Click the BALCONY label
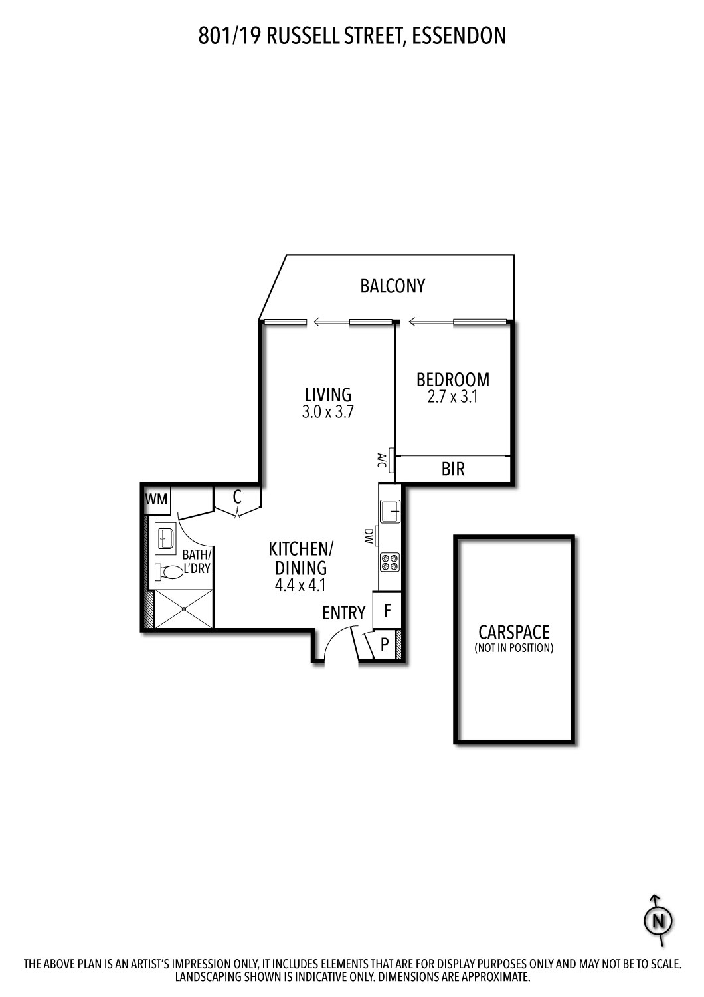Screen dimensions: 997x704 click(393, 286)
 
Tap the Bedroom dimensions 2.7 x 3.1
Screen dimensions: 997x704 click(453, 397)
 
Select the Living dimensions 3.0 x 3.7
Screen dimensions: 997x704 click(327, 412)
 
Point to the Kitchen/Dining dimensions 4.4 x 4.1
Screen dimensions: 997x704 click(298, 586)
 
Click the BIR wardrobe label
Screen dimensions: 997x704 click(453, 469)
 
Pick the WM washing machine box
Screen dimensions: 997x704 click(157, 499)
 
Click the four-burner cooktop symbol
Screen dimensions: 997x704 click(389, 562)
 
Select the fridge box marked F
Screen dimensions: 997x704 click(387, 610)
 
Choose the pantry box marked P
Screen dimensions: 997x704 click(385, 645)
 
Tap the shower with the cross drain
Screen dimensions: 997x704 click(184, 609)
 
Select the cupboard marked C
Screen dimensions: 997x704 click(237, 497)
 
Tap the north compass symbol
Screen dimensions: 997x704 click(658, 921)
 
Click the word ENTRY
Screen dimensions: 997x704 click(343, 613)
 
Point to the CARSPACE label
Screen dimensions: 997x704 click(514, 632)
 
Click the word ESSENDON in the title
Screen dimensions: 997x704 click(459, 35)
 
